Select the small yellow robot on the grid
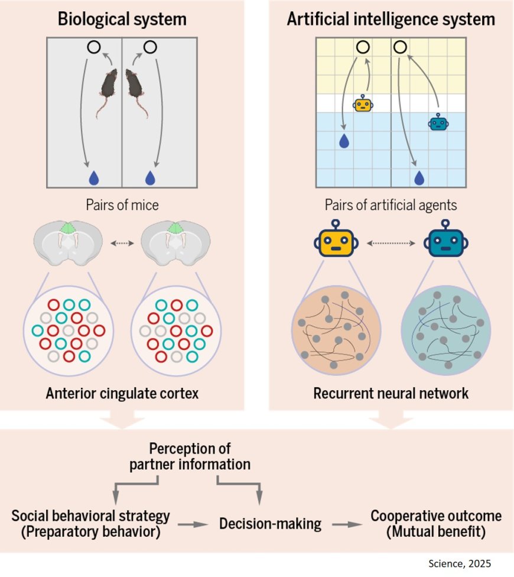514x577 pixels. pyautogui.click(x=363, y=104)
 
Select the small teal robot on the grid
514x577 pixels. pyautogui.click(x=438, y=122)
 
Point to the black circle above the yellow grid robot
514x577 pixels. pyautogui.click(x=363, y=47)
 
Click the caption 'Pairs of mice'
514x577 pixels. pyautogui.click(x=122, y=205)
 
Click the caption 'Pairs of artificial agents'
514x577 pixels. pyautogui.click(x=391, y=205)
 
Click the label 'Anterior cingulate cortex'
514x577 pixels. pyautogui.click(x=122, y=393)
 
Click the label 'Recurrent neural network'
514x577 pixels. pyautogui.click(x=391, y=393)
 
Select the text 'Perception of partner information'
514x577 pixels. pyautogui.click(x=190, y=456)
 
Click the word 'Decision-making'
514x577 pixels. pyautogui.click(x=270, y=523)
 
